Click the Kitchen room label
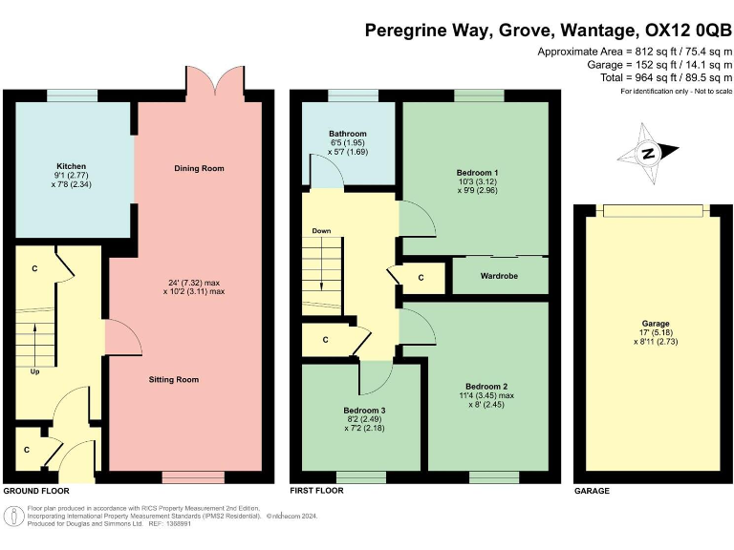point(71,165)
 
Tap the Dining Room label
point(199,168)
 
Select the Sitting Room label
point(174,379)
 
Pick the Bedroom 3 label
point(364,410)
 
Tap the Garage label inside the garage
point(656,324)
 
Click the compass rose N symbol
point(648,154)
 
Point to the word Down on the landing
point(321,231)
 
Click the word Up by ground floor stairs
point(36,371)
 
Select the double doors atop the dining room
point(205,81)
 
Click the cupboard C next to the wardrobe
point(421,278)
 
